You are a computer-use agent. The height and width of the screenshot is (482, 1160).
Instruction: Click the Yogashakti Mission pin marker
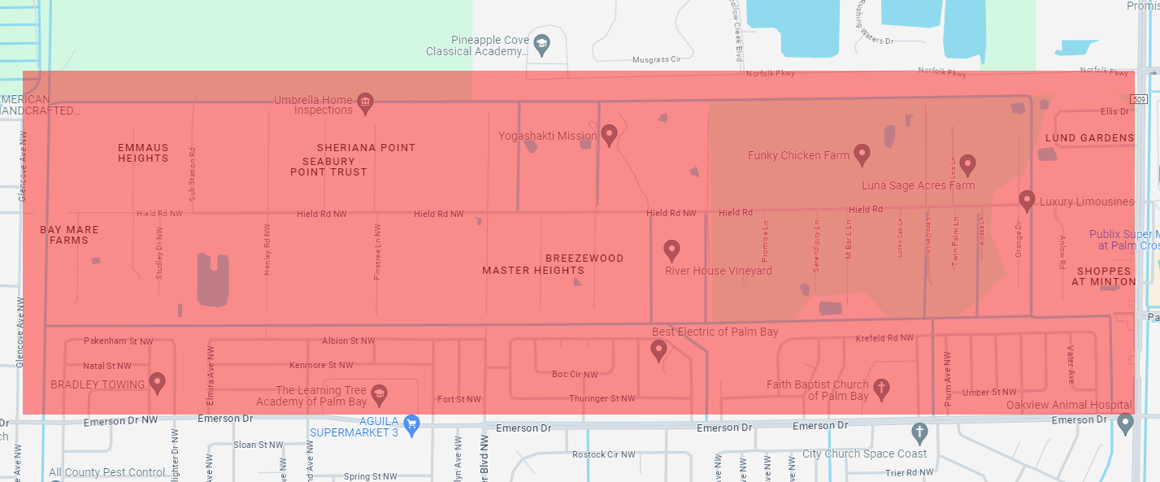point(609,134)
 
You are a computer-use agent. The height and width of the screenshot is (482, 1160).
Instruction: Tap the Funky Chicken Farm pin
point(862,154)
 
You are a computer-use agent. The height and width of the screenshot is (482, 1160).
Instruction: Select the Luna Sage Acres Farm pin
point(967,165)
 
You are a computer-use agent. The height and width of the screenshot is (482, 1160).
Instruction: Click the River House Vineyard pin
point(671,250)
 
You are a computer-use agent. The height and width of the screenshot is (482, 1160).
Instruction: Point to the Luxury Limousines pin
point(1027,200)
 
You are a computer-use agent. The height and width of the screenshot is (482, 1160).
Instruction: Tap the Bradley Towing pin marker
point(158,383)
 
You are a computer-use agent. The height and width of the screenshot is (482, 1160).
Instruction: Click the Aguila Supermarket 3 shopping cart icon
point(411,423)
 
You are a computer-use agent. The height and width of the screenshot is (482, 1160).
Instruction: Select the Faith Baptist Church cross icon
point(881,389)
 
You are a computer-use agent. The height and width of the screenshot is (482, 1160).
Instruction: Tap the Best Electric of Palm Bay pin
point(659,350)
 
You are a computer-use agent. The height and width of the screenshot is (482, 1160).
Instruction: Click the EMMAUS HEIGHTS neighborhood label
point(143,153)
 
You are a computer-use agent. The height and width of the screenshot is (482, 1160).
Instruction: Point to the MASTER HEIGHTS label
point(533,271)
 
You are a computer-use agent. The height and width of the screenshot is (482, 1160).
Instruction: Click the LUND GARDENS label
point(1088,138)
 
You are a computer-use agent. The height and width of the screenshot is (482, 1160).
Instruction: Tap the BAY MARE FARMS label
point(69,235)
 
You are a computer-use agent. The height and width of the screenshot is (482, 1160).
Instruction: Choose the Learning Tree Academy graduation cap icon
point(379,395)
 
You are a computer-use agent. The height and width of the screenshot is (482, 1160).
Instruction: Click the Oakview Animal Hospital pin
point(1125,423)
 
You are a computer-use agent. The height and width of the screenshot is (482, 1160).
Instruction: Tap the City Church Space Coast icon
point(919,432)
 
